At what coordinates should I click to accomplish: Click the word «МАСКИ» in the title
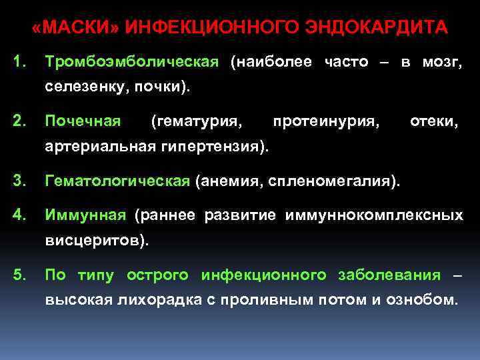75,28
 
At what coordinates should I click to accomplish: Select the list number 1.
19,62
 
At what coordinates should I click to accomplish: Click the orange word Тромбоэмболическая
131,62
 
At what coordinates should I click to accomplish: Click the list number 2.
19,121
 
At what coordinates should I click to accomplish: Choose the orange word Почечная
83,121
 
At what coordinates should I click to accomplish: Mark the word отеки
433,121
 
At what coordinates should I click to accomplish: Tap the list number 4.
19,215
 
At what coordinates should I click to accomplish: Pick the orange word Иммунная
85,215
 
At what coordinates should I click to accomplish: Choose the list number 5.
19,274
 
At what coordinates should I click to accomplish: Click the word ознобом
421,299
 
